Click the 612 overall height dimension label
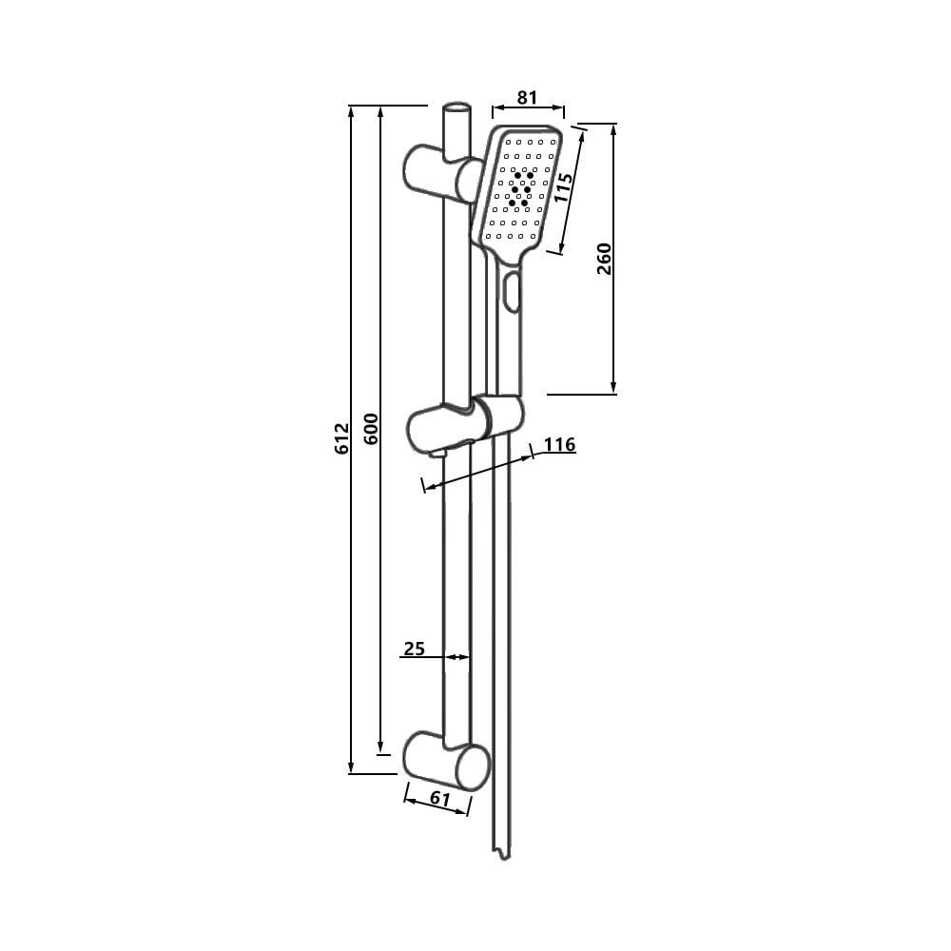[x=342, y=439]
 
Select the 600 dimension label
[x=371, y=430]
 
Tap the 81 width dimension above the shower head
[x=527, y=97]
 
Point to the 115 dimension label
[x=564, y=187]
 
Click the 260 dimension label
[x=604, y=259]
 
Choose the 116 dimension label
[x=560, y=444]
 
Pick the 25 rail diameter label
[x=414, y=649]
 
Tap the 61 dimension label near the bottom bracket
[x=439, y=799]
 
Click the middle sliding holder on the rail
[x=466, y=426]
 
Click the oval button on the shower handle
[x=514, y=291]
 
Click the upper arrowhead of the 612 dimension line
[x=352, y=110]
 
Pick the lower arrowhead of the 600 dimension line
[x=380, y=747]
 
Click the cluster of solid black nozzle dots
[x=521, y=189]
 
